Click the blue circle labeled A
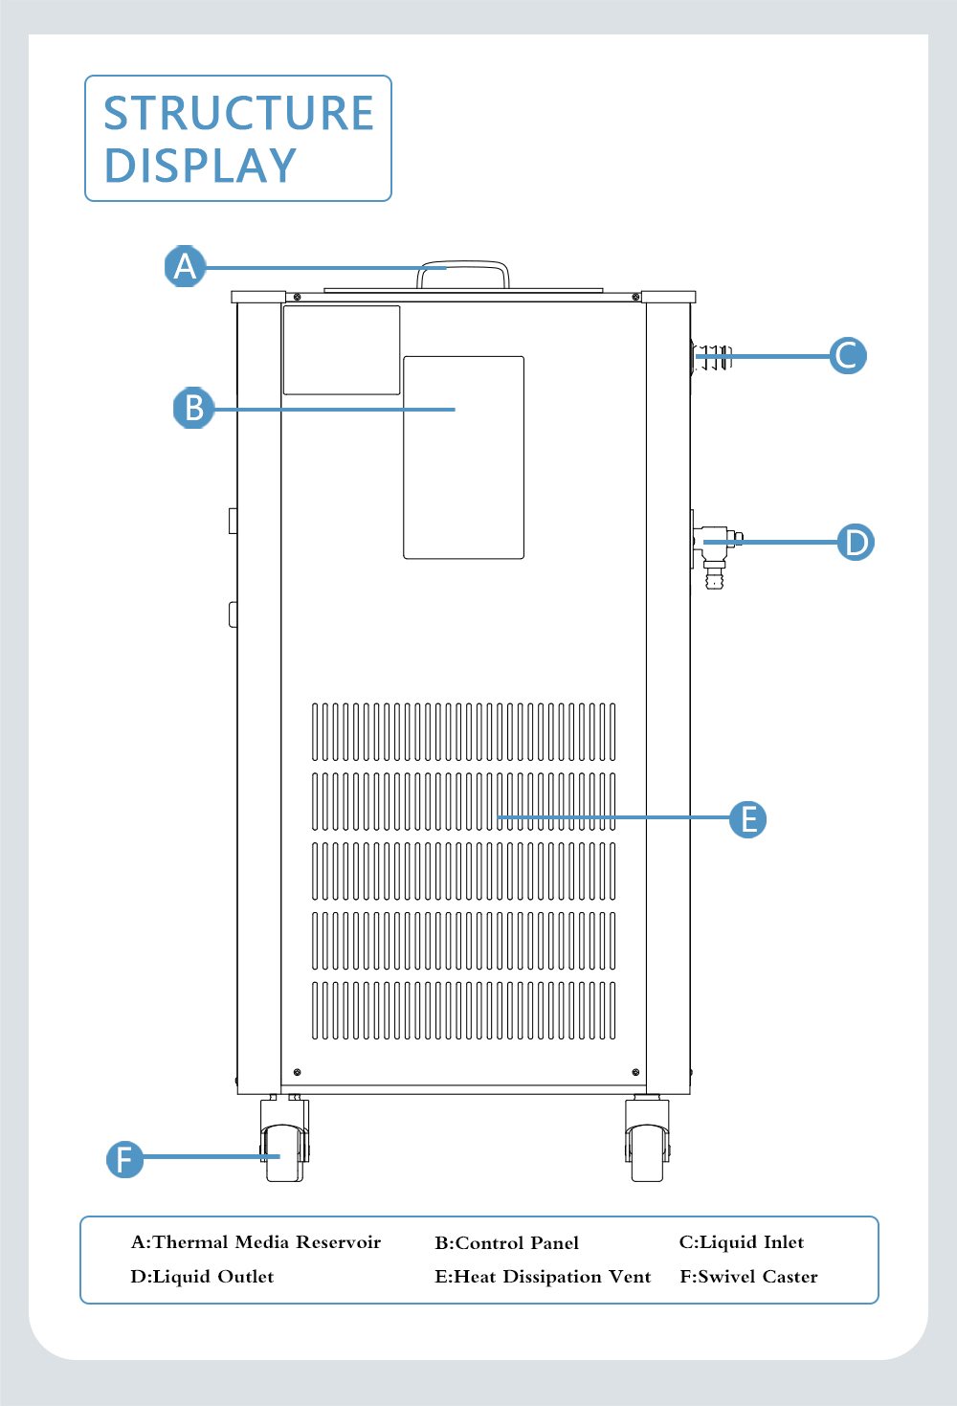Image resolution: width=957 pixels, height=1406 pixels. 185,266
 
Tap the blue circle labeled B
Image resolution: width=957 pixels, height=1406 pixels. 193,408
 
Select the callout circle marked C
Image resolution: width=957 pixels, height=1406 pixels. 847,355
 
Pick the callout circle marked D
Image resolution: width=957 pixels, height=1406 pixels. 856,542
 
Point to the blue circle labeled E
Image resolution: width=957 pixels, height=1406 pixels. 748,819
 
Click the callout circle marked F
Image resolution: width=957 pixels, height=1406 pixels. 124,1159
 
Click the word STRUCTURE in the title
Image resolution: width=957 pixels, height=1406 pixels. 239,113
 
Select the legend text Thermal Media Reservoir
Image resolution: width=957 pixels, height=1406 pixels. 267,1242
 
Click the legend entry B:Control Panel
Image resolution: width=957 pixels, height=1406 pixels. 506,1242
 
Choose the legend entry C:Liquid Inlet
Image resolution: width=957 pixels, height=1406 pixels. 741,1242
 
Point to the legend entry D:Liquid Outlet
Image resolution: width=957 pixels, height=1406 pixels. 202,1277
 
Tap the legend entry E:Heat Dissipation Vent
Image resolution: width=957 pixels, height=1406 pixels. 543,1277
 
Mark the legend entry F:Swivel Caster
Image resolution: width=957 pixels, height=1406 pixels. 748,1277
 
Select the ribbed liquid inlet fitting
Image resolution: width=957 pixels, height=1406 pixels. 712,356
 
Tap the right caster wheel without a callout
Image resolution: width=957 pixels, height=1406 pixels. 647,1139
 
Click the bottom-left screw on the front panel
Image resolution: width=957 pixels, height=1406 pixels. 297,1072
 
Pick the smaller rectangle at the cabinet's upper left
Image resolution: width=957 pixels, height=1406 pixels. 342,350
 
